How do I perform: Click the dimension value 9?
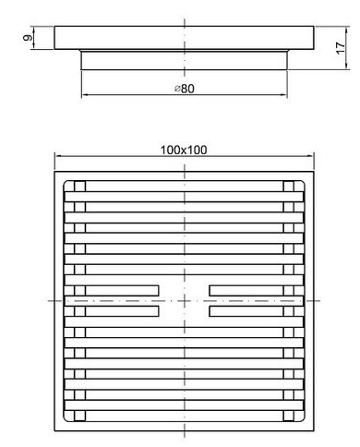(28, 38)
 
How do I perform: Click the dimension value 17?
(341, 48)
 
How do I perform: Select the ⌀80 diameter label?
(185, 89)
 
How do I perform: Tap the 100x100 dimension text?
(184, 151)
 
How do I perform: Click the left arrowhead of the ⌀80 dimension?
(85, 94)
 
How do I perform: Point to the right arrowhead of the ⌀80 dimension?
(283, 94)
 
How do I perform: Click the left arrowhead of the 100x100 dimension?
(58, 156)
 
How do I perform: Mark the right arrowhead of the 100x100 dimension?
(310, 156)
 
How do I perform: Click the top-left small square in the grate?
(79, 187)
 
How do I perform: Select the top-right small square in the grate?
(289, 187)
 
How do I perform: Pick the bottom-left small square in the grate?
(79, 416)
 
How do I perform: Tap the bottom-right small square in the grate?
(289, 416)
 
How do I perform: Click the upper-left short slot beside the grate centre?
(122, 291)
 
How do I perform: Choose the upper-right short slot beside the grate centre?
(246, 291)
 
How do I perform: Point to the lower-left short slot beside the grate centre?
(122, 311)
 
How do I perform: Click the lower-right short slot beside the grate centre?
(246, 311)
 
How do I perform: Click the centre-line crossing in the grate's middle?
(185, 300)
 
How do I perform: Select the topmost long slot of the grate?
(184, 187)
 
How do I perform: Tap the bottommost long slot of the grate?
(184, 416)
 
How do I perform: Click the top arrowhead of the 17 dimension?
(346, 30)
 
